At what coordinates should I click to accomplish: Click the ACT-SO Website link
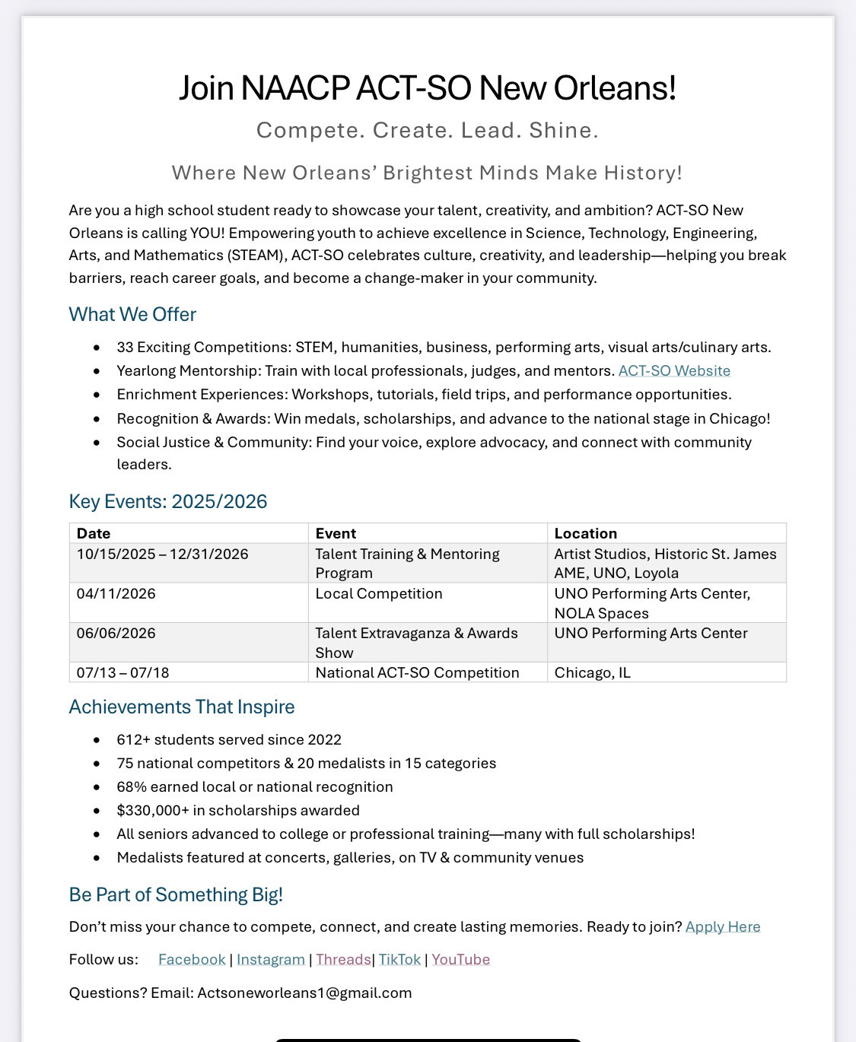point(674,371)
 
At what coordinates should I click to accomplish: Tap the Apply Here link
point(723,927)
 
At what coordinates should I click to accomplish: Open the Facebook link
point(192,960)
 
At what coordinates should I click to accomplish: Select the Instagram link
point(271,960)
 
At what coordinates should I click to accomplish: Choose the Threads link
point(343,960)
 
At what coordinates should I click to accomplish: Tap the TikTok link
point(399,960)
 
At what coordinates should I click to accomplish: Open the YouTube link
point(460,960)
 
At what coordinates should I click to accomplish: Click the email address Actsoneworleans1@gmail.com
point(304,993)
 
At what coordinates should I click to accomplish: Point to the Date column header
point(94,534)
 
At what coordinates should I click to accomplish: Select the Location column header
point(585,534)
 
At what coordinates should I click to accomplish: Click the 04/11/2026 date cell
point(116,594)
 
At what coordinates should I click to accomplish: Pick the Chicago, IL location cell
point(592,673)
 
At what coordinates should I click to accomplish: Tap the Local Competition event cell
point(378,594)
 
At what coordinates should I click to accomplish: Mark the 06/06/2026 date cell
point(116,634)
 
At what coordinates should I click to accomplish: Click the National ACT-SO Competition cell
point(417,673)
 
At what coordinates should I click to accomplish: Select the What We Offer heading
point(132,315)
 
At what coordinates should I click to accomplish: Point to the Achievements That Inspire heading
point(182,707)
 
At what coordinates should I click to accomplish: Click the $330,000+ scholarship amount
point(152,811)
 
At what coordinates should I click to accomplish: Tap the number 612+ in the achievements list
point(133,740)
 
